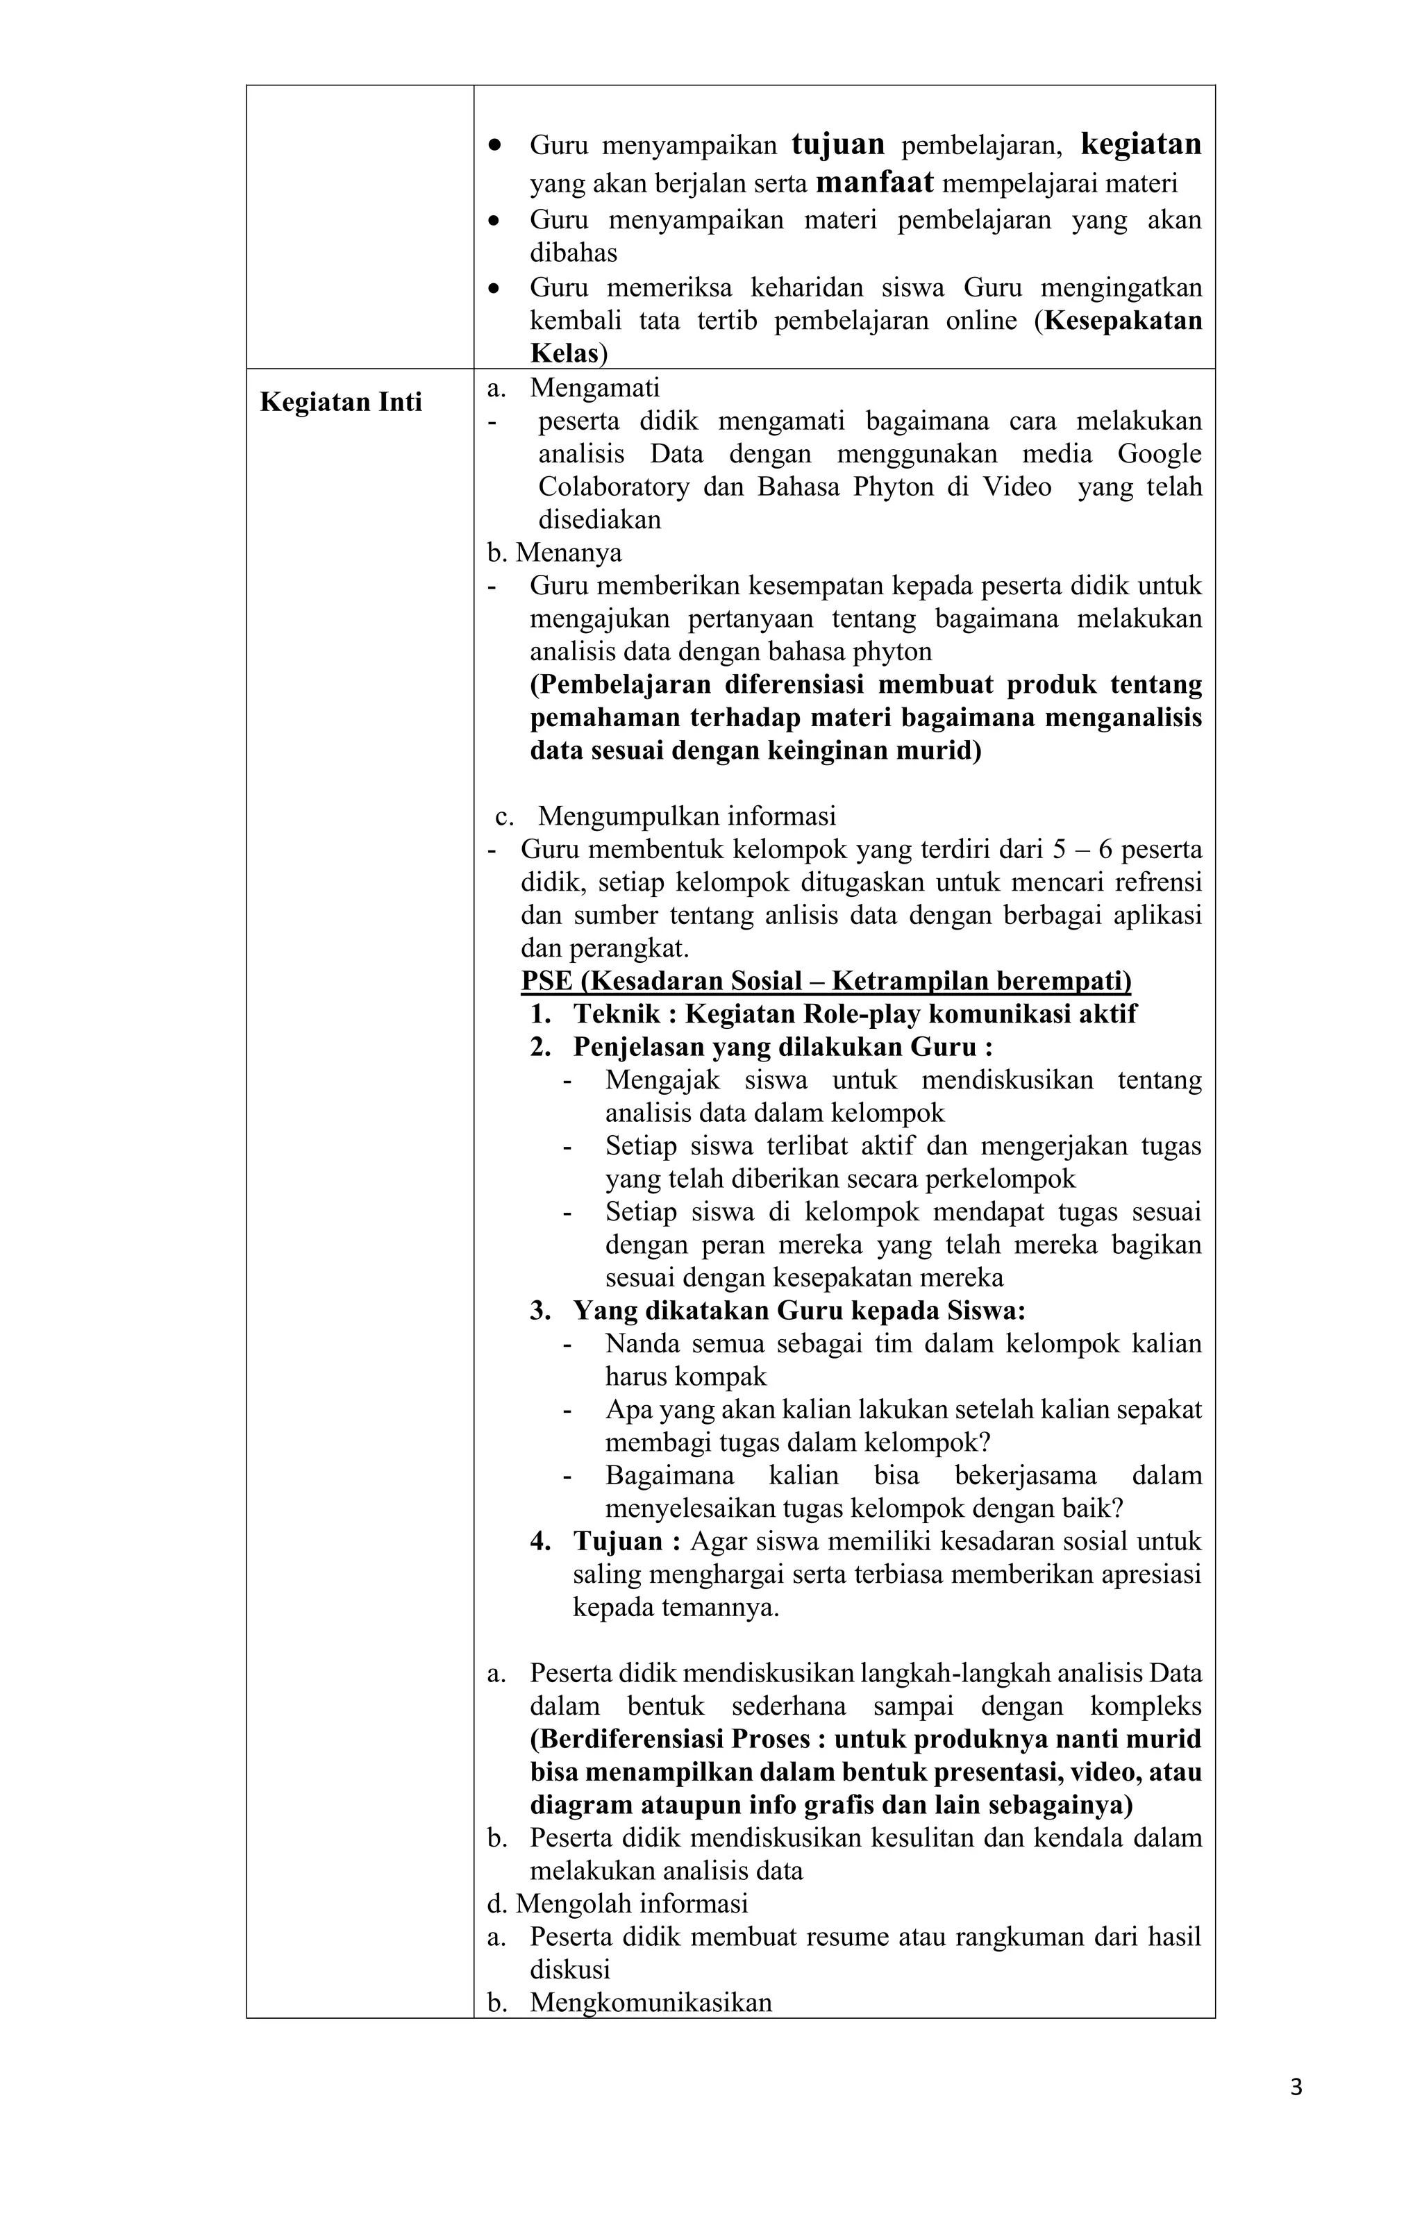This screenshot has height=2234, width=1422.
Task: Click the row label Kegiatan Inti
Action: pos(341,402)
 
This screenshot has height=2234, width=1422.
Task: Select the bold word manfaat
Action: pos(874,183)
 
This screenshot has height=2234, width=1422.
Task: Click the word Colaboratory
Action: pos(614,487)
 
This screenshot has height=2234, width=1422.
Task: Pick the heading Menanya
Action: pos(568,553)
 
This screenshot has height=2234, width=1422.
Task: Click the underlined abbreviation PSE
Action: pos(546,981)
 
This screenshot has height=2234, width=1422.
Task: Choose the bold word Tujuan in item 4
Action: pos(618,1542)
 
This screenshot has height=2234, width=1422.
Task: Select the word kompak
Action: pos(686,1377)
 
